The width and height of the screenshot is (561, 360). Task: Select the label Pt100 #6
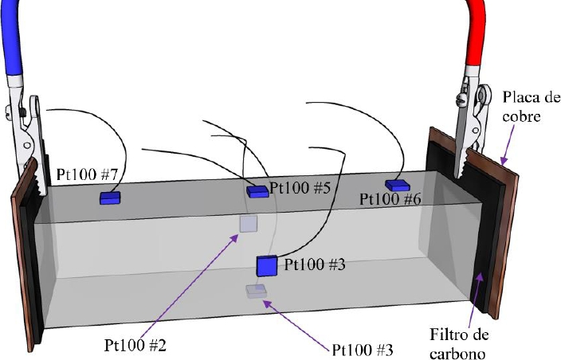click(x=390, y=200)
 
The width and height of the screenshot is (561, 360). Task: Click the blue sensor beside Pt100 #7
click(x=109, y=197)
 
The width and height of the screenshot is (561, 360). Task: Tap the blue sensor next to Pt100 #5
click(x=257, y=191)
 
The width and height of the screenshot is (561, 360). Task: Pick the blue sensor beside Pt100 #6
click(x=397, y=185)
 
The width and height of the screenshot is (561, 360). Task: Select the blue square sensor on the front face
click(x=266, y=266)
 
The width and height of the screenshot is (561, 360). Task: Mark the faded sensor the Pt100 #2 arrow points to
click(x=249, y=224)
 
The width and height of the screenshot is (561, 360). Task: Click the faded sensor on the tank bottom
click(x=256, y=292)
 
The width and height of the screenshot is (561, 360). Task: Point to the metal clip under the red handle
click(x=471, y=119)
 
